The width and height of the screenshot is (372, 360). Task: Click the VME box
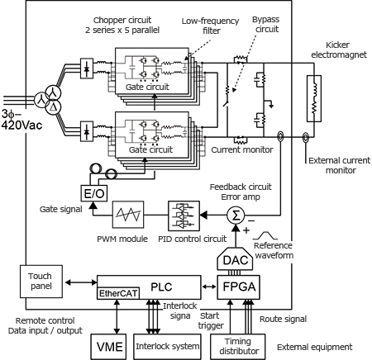pyautogui.click(x=109, y=347)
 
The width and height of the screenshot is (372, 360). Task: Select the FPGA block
pyautogui.click(x=239, y=287)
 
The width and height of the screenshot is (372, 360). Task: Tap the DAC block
pyautogui.click(x=235, y=258)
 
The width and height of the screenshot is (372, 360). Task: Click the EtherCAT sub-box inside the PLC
pyautogui.click(x=118, y=293)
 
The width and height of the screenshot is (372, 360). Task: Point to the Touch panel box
pyautogui.click(x=41, y=282)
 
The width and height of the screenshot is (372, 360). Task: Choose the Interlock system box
pyautogui.click(x=167, y=347)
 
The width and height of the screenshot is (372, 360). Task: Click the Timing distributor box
pyautogui.click(x=238, y=347)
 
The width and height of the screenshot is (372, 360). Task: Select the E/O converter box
pyautogui.click(x=94, y=193)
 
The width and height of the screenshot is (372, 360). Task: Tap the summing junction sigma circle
pyautogui.click(x=236, y=216)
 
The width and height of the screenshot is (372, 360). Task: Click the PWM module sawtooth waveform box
pyautogui.click(x=128, y=215)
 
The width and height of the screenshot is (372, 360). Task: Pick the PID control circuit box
pyautogui.click(x=184, y=216)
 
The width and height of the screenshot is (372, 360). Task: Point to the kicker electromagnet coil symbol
pyautogui.click(x=314, y=98)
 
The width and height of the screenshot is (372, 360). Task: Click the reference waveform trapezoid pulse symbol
pyautogui.click(x=265, y=235)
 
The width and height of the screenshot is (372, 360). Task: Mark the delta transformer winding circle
pyautogui.click(x=53, y=107)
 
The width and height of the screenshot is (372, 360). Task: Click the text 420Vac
pyautogui.click(x=21, y=126)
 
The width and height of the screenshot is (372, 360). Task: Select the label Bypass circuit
pyautogui.click(x=266, y=24)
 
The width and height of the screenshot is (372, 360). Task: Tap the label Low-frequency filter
pyautogui.click(x=211, y=26)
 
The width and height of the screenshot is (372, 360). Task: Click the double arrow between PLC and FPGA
pyautogui.click(x=209, y=287)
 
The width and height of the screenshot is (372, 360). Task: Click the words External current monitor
pyautogui.click(x=340, y=165)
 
